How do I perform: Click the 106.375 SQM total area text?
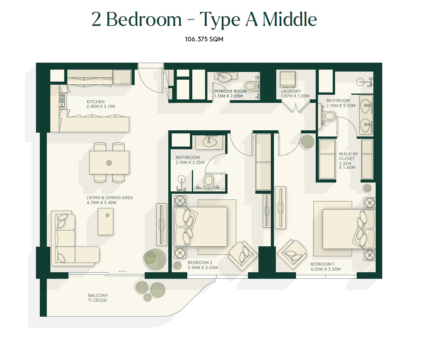point(204,39)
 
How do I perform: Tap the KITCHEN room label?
point(96,102)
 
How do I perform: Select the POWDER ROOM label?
point(230,91)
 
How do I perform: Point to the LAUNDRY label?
point(291,91)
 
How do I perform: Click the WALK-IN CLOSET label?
point(348,156)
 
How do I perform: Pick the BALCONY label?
point(98,295)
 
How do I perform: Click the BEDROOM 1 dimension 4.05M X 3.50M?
point(325,269)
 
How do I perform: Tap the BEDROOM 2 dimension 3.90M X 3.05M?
point(203,268)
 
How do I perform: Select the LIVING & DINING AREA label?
point(109,198)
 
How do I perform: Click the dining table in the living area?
point(109,163)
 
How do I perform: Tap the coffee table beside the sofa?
point(106,222)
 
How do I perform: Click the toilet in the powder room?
point(251,86)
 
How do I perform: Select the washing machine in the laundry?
point(287,79)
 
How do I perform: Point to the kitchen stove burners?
point(62,101)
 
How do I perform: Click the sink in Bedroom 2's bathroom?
point(210,142)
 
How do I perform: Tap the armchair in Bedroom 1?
point(292,254)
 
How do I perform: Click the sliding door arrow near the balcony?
point(123,271)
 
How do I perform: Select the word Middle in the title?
point(289,19)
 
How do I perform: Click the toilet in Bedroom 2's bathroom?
point(209,181)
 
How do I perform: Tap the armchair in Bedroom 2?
point(243,256)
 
